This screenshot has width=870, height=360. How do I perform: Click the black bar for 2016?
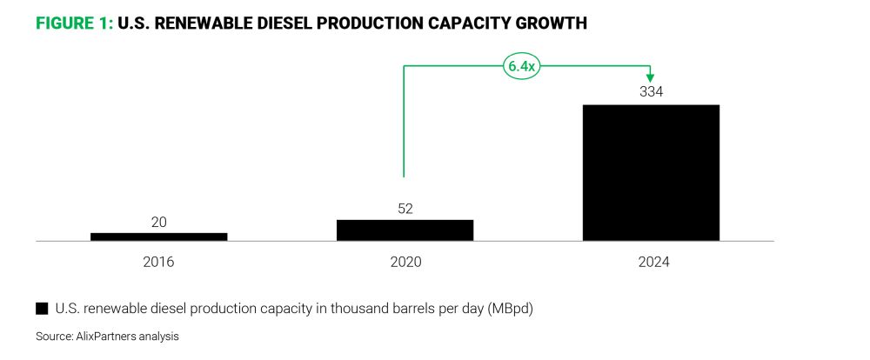pos(158,236)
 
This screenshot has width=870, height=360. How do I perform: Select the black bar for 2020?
pos(405,230)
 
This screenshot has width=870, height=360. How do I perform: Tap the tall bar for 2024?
pos(651,172)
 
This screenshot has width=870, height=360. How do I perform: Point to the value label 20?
pos(158,223)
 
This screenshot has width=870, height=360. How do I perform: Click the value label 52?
pos(405,209)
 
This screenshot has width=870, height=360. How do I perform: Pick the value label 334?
pos(651,92)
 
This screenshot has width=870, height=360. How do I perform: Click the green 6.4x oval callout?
pos(522,65)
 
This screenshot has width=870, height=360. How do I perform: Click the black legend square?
pos(41,308)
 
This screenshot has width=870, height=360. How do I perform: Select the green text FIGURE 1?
pos(74,24)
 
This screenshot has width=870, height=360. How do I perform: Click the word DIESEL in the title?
pos(276,24)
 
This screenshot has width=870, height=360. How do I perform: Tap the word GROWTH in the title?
pos(553,24)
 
